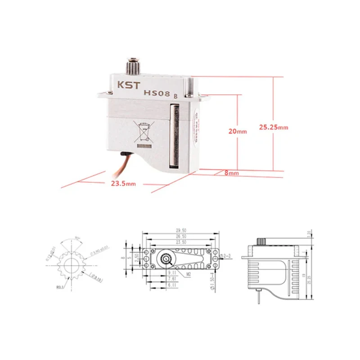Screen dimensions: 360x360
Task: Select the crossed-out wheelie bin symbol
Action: point(144,132)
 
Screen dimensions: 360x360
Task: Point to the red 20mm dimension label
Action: point(238,131)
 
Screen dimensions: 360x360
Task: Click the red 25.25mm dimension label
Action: point(274,127)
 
